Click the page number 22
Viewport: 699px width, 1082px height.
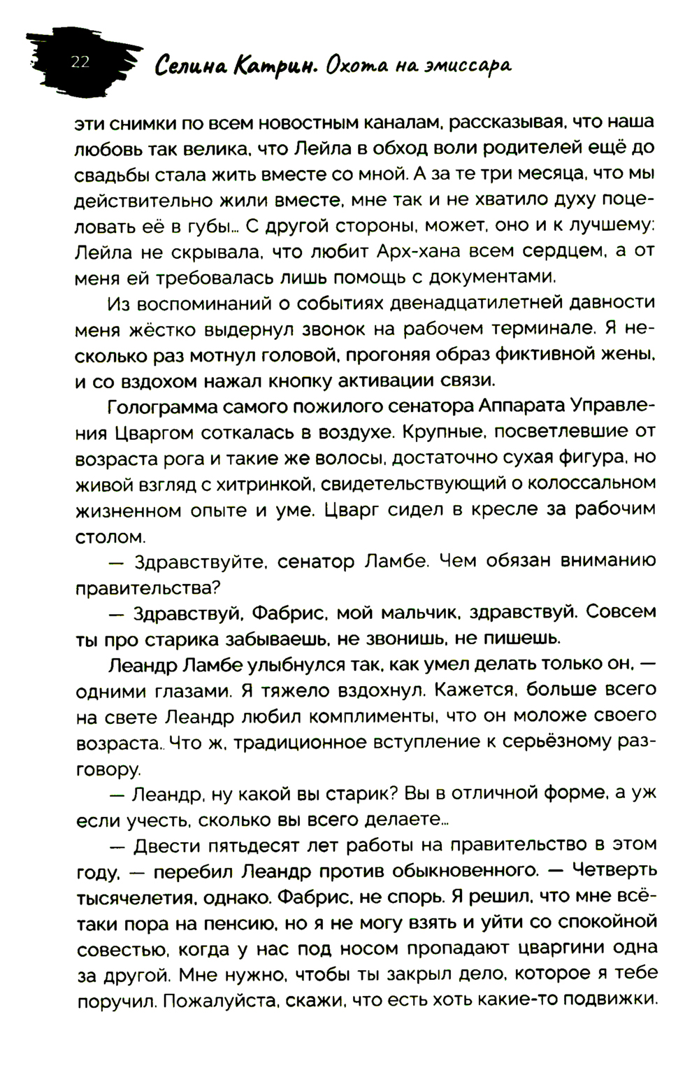(x=80, y=62)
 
